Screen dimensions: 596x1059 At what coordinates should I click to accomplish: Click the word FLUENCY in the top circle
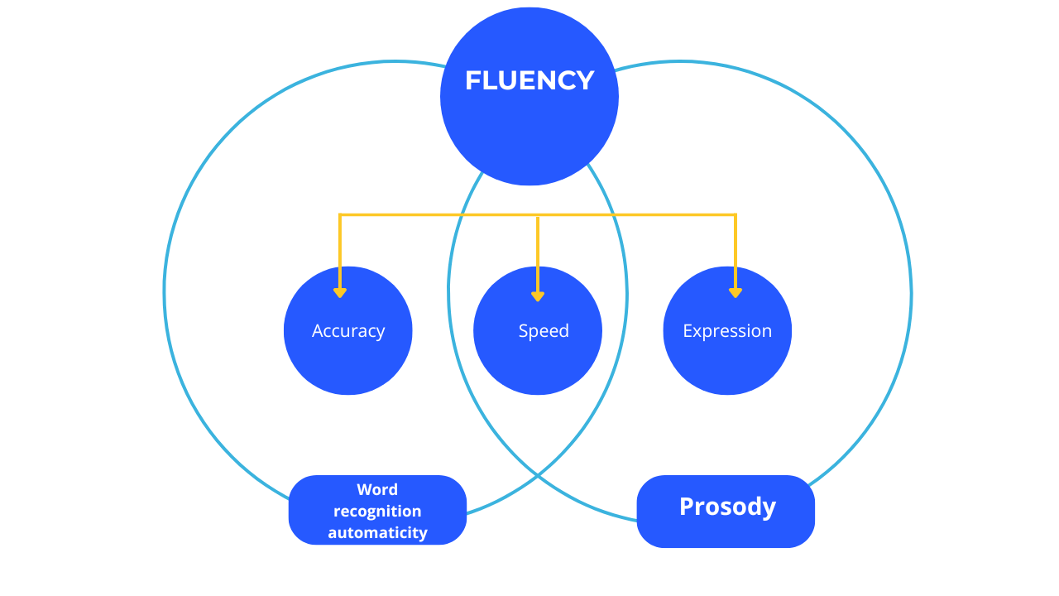[529, 80]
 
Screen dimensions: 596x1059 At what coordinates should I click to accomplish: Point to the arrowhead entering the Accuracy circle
[340, 292]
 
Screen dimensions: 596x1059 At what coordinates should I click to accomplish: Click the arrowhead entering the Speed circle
[538, 296]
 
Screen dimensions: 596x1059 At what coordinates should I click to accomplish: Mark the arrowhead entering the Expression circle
[736, 292]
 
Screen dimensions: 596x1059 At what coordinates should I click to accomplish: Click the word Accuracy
[348, 331]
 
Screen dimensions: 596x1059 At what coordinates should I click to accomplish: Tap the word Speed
[544, 331]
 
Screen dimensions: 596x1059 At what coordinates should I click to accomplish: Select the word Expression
[727, 331]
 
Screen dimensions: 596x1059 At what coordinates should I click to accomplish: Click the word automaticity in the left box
[377, 532]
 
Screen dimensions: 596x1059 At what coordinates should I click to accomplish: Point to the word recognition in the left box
[377, 511]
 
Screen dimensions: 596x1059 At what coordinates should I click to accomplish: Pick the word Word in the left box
[377, 489]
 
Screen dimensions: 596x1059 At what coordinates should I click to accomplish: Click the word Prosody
[727, 507]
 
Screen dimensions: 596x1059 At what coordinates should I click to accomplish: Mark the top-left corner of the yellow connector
[340, 215]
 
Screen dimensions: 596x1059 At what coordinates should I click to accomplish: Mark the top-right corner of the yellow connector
[736, 215]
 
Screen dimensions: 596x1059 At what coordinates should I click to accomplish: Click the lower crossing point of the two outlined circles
[538, 476]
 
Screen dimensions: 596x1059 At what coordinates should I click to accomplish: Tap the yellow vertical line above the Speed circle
[538, 248]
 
